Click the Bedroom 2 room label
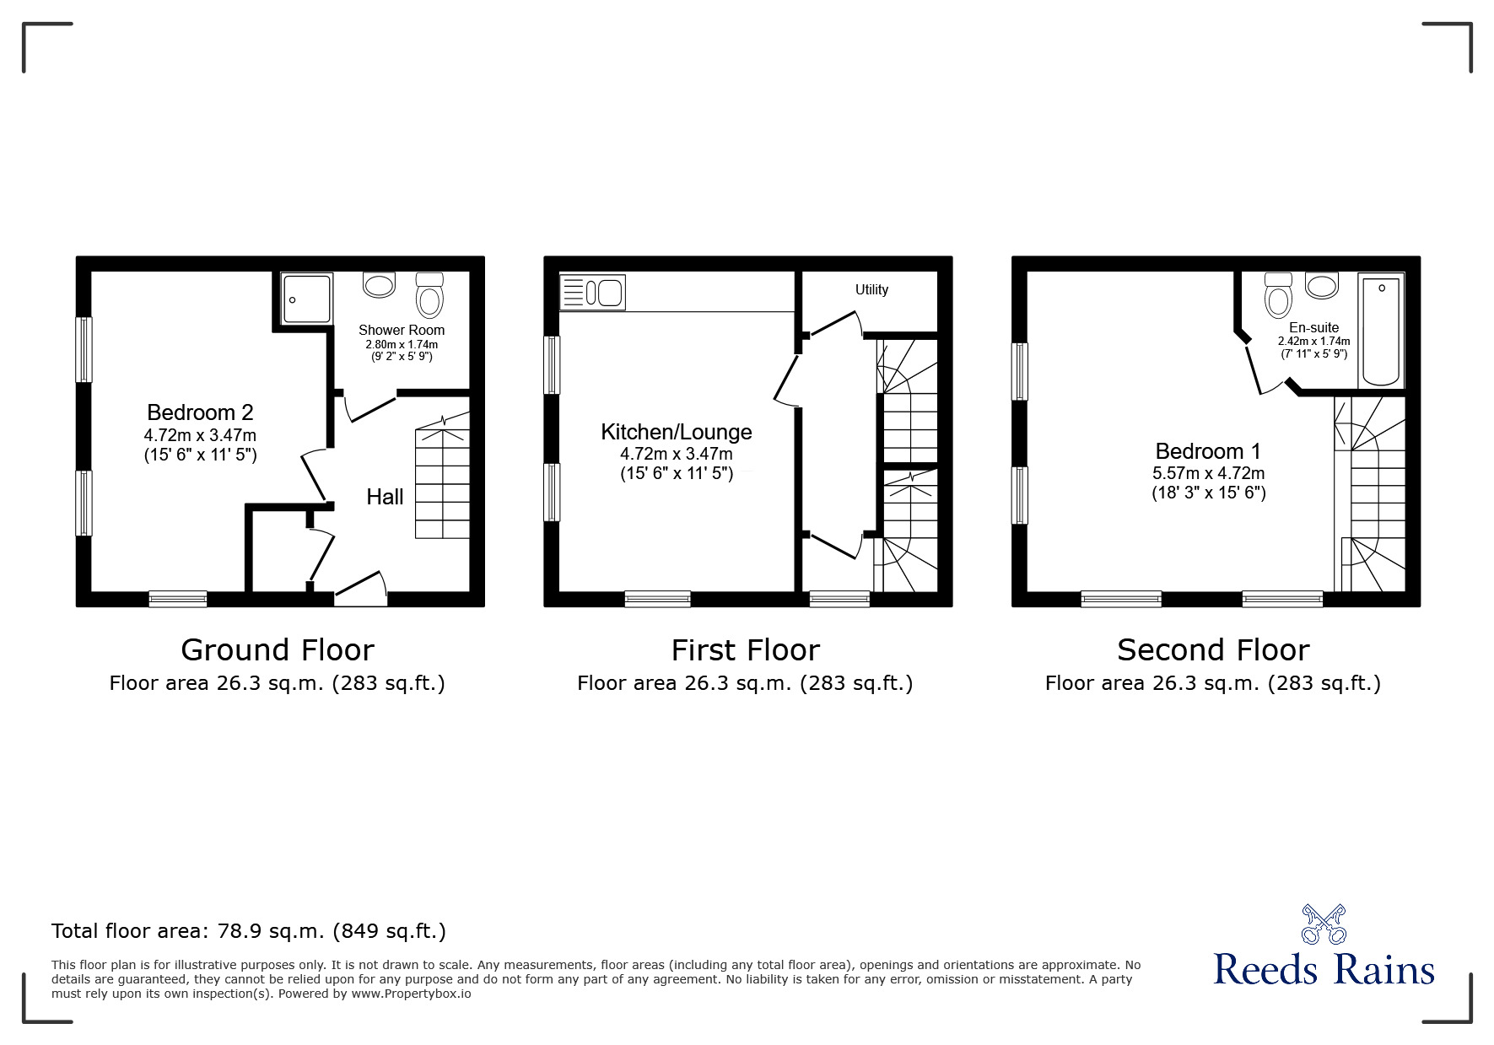tap(200, 412)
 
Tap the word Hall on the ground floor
tap(385, 497)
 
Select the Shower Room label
tap(402, 330)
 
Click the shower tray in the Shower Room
tap(307, 299)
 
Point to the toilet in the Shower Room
tap(430, 294)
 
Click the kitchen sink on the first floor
tap(592, 293)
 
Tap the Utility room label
tap(871, 289)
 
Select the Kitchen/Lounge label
tap(677, 432)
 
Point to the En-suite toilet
tap(1279, 294)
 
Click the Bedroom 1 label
tap(1209, 451)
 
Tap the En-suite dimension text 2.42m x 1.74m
tap(1313, 342)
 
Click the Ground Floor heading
tap(278, 650)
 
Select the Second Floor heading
tap(1213, 650)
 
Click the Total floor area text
tap(249, 931)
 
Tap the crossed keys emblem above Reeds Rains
tap(1324, 924)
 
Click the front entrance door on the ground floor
tap(361, 588)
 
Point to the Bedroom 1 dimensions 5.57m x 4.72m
tap(1209, 474)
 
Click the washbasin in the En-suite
tap(1322, 285)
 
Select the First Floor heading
tap(746, 650)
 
